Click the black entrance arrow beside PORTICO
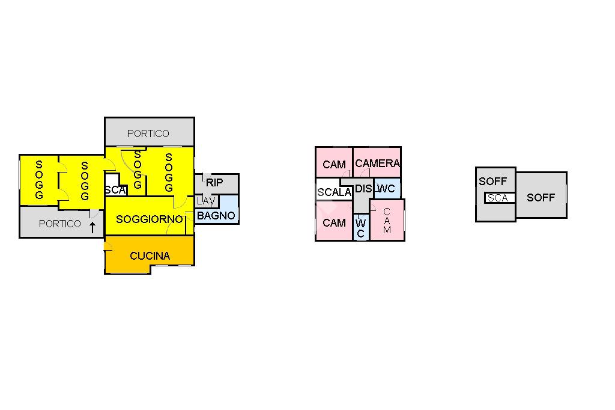click(92, 227)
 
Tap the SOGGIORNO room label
click(150, 219)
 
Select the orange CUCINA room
click(150, 254)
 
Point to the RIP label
click(214, 183)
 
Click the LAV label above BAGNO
click(206, 201)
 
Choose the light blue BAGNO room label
click(216, 216)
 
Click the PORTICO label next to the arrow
click(59, 224)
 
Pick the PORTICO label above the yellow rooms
click(148, 133)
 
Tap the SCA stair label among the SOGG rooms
click(115, 191)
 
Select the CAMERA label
click(377, 164)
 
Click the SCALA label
click(334, 192)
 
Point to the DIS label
click(363, 189)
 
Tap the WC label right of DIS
click(386, 189)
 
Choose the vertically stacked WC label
click(360, 228)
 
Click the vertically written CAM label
click(387, 221)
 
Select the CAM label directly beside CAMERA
click(334, 165)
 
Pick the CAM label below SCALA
click(334, 223)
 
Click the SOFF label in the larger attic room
click(541, 198)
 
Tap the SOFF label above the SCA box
click(493, 182)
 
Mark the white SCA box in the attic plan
click(499, 198)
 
